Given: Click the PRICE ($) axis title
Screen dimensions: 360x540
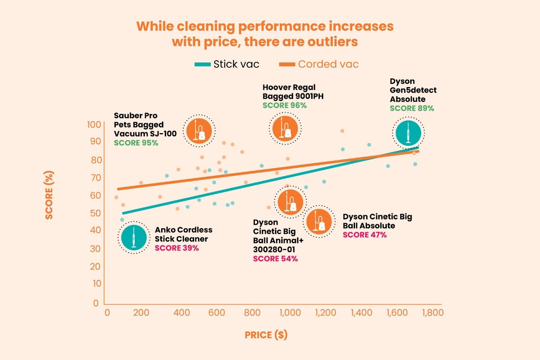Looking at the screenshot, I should click(x=266, y=335).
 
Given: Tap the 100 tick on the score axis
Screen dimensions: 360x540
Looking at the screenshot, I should click(x=94, y=124).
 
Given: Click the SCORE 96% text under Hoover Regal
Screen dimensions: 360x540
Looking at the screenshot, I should click(x=285, y=105).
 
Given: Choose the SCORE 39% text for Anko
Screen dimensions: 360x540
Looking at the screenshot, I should click(x=177, y=248).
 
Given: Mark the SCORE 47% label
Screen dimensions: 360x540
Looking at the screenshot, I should click(x=365, y=235).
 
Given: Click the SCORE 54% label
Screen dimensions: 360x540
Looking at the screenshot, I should click(x=275, y=259).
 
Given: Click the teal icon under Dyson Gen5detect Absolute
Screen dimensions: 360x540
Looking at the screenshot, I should click(x=408, y=133).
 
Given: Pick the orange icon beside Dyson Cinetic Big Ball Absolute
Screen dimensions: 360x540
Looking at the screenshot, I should click(x=319, y=222).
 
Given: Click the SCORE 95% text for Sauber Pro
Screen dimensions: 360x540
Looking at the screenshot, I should click(x=136, y=143).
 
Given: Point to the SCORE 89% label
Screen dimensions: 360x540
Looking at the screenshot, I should click(x=412, y=108).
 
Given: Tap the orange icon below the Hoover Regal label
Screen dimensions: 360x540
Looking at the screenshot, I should click(x=285, y=128).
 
